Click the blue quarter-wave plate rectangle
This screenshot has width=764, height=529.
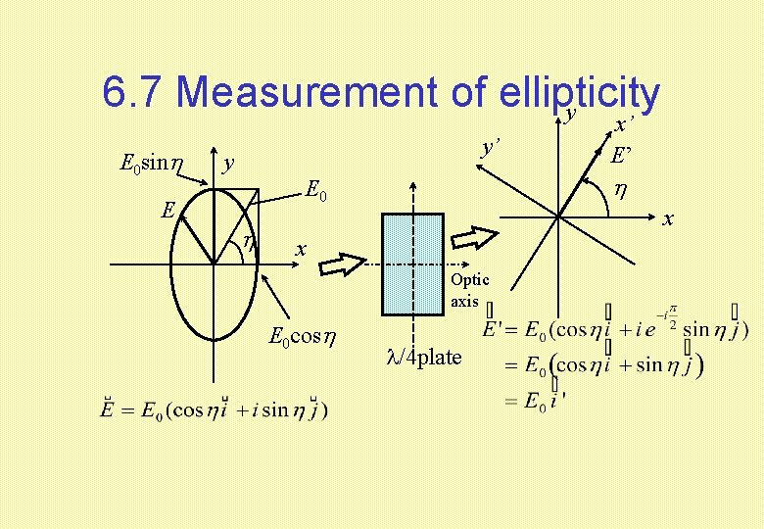point(413,264)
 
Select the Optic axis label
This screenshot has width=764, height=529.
point(469,291)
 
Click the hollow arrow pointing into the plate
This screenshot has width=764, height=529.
point(344,263)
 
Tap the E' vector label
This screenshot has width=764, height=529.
point(621,155)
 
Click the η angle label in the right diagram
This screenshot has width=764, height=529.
point(619,189)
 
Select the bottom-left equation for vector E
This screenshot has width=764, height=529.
point(215,409)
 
